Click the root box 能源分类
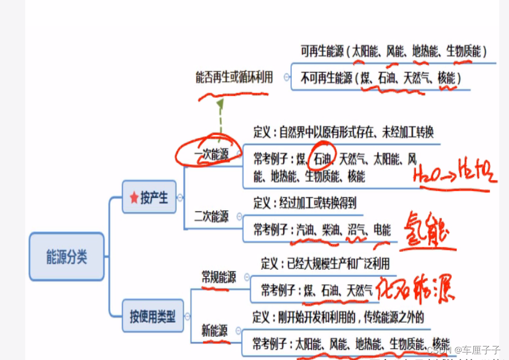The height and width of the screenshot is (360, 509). point(66,257)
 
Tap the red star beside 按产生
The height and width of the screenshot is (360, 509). point(135,198)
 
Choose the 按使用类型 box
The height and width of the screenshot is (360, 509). point(152,317)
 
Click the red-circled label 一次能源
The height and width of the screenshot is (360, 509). point(211,155)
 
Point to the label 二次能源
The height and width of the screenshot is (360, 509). point(211,217)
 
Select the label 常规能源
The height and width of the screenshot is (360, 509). point(218,278)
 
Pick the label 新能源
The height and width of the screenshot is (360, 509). point(215,330)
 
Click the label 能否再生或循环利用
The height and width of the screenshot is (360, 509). point(234,78)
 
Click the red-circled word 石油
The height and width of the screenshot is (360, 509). point(322,159)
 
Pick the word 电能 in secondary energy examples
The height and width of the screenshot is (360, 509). point(382,230)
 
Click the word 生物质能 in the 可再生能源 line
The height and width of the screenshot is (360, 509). point(463,52)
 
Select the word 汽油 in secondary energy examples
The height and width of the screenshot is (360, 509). point(305,230)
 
